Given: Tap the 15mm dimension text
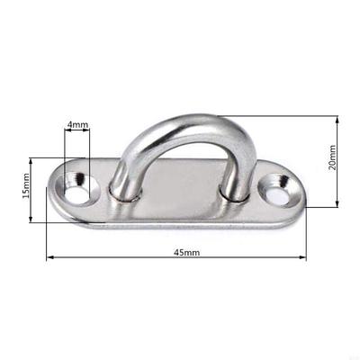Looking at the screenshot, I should [27, 188].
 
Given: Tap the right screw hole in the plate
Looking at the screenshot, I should [274, 190].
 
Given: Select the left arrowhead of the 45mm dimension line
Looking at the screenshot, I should [49, 259].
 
